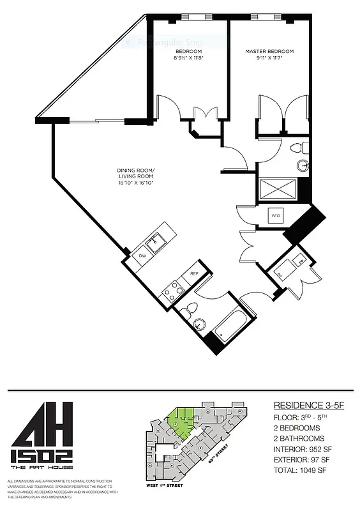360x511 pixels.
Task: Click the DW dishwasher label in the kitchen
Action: pyautogui.click(x=142, y=256)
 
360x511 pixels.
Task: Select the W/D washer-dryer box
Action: pyautogui.click(x=276, y=216)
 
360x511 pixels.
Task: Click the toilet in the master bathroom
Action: pyautogui.click(x=295, y=148)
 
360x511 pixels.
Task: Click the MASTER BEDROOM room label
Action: pyautogui.click(x=270, y=51)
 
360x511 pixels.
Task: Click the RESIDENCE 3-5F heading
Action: pyautogui.click(x=308, y=405)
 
